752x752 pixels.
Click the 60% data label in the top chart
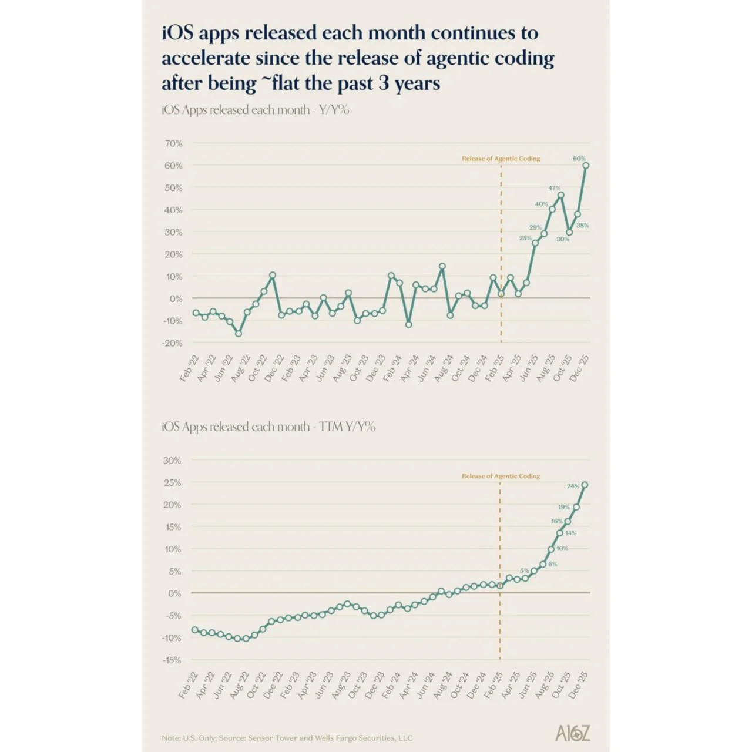coord(579,159)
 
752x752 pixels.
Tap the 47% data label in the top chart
coord(554,188)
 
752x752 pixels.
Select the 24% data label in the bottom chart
coord(573,486)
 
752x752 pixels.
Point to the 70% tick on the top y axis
coord(173,143)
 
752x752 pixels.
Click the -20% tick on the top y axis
coord(172,343)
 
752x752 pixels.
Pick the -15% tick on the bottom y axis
coord(172,660)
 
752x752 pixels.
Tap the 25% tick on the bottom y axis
coord(173,483)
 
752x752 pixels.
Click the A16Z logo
coord(572,733)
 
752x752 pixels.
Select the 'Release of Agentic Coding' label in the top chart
coord(501,159)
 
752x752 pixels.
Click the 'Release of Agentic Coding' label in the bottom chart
coord(501,476)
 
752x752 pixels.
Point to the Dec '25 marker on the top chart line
coord(586,166)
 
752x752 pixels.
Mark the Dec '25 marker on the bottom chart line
coord(585,485)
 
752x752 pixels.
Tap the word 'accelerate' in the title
coord(206,58)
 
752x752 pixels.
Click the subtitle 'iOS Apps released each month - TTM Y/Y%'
coord(268,427)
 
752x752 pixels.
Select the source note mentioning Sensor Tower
coord(287,738)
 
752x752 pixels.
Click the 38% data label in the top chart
coord(582,226)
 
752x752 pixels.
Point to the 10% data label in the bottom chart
coord(562,548)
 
